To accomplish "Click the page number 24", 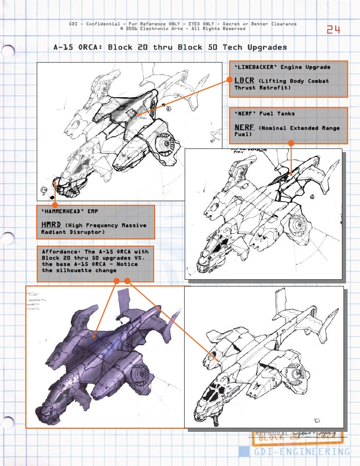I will coord(334,29).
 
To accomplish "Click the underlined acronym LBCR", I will coord(244,80).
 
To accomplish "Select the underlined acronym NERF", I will coord(244,127).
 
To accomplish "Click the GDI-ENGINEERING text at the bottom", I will coord(302,452).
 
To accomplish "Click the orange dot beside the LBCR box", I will coord(229,80).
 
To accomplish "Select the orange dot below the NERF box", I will coord(291,143).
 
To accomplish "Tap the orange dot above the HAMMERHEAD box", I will coord(55,205).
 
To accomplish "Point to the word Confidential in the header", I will coord(105,24).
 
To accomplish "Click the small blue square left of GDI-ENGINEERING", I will coord(244,451).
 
